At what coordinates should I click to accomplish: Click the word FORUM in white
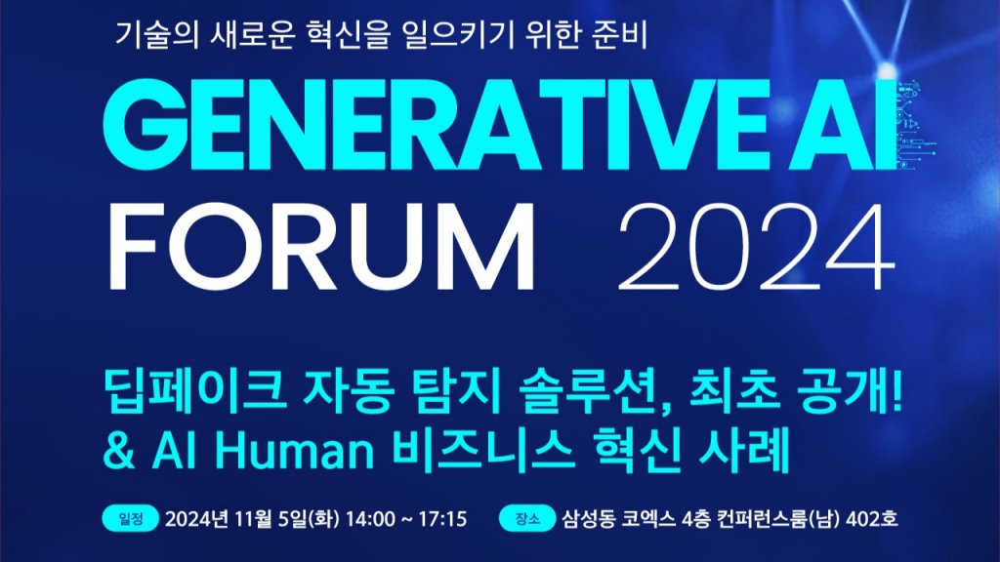click(x=321, y=247)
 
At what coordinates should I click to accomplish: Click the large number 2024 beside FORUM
click(x=757, y=247)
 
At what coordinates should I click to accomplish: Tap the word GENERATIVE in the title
click(x=435, y=125)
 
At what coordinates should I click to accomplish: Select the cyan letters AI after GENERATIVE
click(x=841, y=125)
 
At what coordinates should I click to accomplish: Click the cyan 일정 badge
click(x=131, y=519)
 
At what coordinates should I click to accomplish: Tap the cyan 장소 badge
click(x=526, y=519)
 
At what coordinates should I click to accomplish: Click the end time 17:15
click(x=442, y=519)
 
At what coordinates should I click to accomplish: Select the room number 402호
click(x=872, y=519)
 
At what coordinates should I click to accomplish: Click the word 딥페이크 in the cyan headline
click(x=194, y=390)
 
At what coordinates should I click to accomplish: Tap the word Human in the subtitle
click(x=294, y=451)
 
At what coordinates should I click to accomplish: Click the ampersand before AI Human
click(x=119, y=451)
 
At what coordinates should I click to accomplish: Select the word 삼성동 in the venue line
click(x=589, y=519)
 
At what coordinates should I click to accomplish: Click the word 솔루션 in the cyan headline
click(x=596, y=390)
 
